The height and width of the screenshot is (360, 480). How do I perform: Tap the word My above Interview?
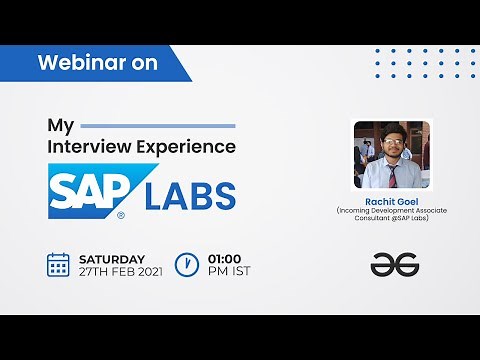click(61, 126)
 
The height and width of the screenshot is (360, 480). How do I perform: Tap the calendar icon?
click(58, 264)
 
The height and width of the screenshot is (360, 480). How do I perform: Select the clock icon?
click(185, 264)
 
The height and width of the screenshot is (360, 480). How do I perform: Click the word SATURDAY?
click(111, 258)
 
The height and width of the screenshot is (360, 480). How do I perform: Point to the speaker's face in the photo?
click(391, 142)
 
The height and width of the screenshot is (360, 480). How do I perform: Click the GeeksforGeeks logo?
click(393, 264)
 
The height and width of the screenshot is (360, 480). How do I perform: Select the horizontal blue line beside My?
click(157, 126)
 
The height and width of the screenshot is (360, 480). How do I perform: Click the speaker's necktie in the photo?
click(393, 174)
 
